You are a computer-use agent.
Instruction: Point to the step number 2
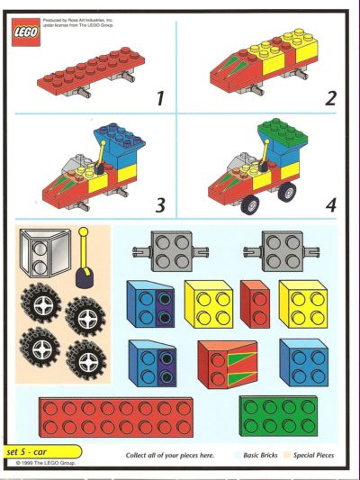click(329, 98)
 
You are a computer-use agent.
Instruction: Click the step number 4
click(329, 205)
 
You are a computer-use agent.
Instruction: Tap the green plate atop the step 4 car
click(282, 134)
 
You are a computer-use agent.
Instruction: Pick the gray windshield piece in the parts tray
click(46, 254)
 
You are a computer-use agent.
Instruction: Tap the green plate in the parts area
click(278, 413)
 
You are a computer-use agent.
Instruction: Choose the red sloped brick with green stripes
click(227, 362)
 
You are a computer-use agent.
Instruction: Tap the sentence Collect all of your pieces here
click(169, 455)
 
